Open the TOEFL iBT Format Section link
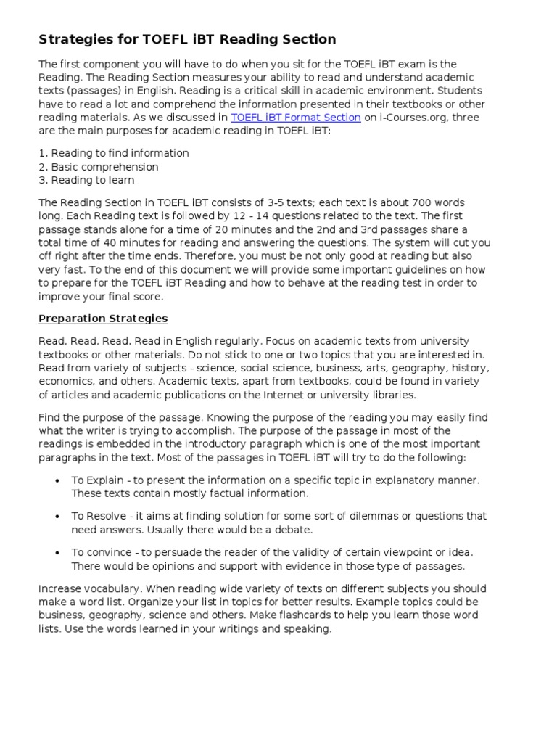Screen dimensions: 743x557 (x=295, y=118)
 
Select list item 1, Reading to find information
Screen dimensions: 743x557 (x=113, y=153)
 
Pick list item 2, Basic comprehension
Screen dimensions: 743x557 (x=98, y=167)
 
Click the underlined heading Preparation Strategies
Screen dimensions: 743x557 (x=103, y=319)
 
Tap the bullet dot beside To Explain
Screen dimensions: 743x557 (x=57, y=481)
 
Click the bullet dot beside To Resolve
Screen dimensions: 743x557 (x=57, y=517)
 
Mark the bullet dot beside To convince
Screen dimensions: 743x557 (x=57, y=553)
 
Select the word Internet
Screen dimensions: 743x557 (x=292, y=395)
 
